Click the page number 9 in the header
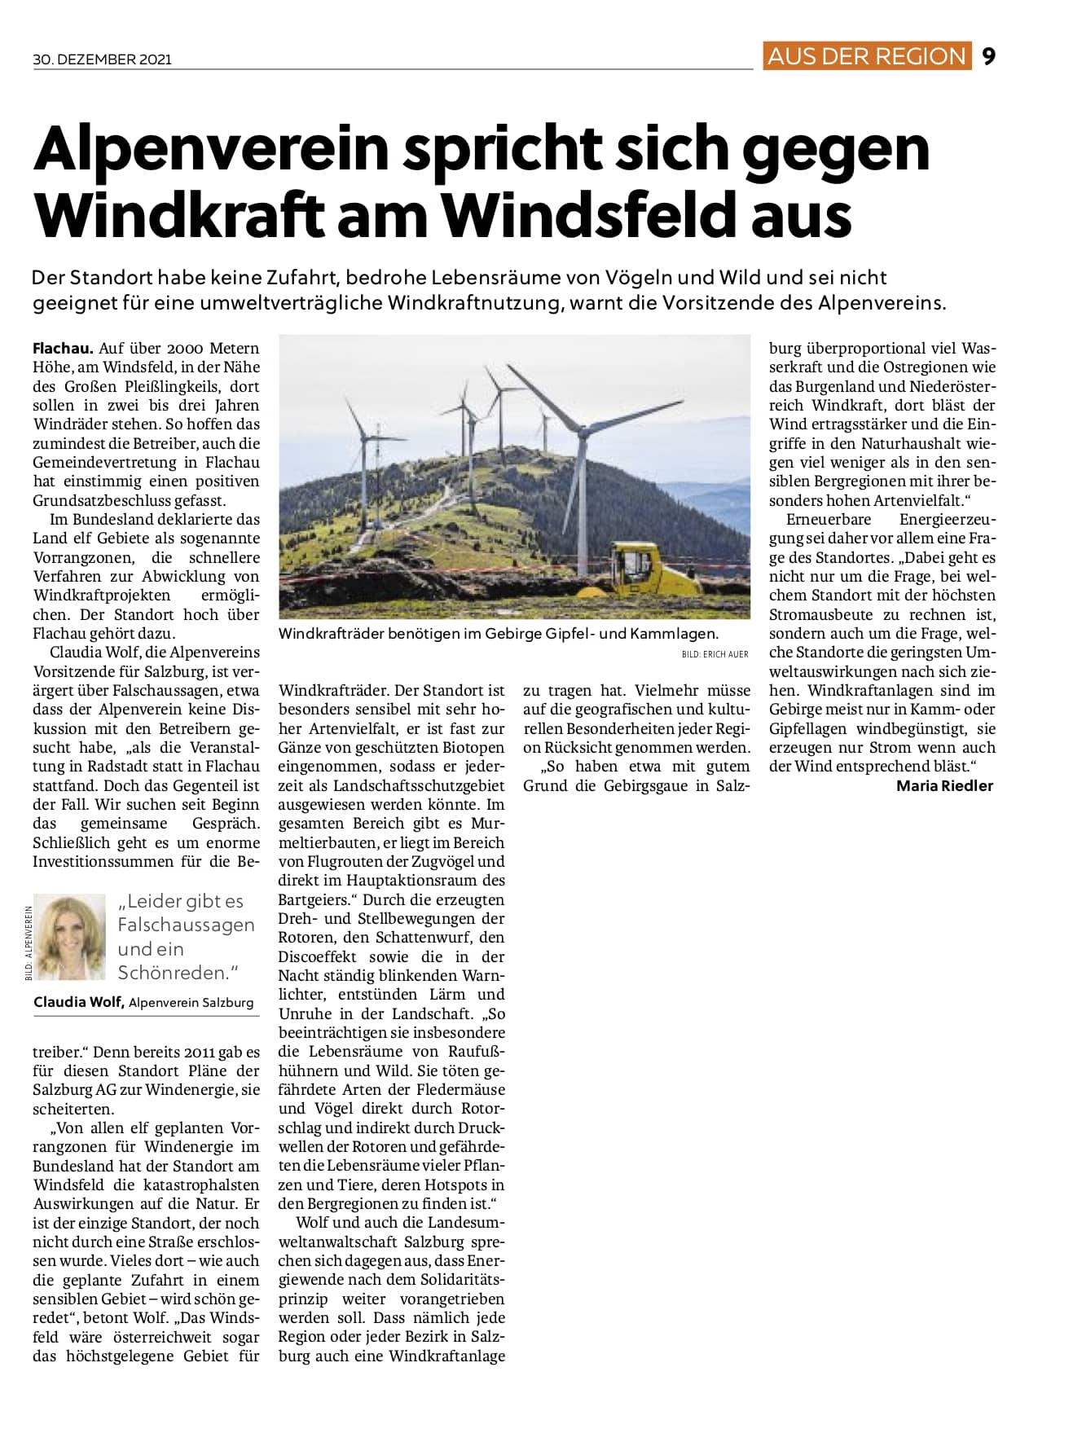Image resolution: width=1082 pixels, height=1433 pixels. [x=989, y=56]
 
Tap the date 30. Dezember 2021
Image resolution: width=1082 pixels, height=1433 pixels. [x=103, y=59]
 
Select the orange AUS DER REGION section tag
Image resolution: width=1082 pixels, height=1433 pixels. [x=866, y=56]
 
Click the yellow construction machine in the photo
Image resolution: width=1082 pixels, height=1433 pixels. [x=651, y=567]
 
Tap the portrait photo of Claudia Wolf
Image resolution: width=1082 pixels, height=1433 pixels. [x=70, y=937]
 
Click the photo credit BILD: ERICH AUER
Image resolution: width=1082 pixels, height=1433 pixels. [x=715, y=654]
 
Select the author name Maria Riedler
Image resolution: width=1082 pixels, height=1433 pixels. [x=944, y=786]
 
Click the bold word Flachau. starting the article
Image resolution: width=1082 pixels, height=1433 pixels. [x=63, y=348]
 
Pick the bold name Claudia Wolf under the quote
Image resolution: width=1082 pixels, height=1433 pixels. [x=78, y=1002]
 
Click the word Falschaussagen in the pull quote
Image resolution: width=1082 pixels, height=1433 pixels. [x=186, y=925]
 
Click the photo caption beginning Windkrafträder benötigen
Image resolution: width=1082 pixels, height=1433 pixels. [x=498, y=633]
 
